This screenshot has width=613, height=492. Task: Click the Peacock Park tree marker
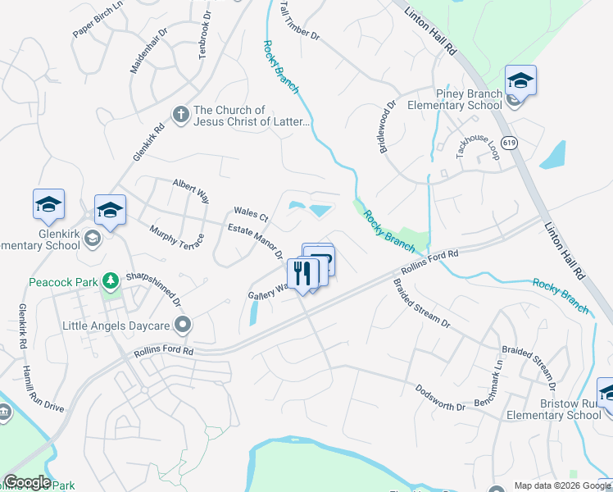coord(110,282)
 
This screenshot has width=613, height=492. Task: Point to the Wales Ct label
coord(251,215)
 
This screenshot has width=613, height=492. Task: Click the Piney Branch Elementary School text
coord(455,99)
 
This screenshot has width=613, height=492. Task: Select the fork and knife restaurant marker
coord(302,274)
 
